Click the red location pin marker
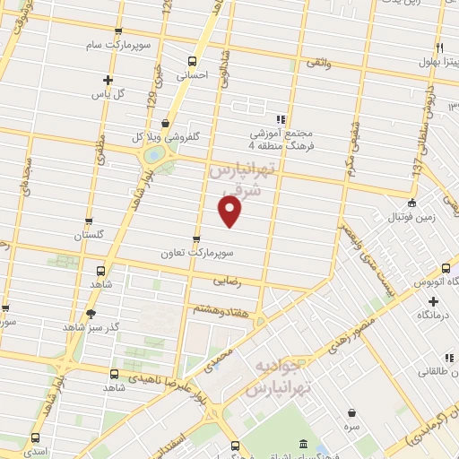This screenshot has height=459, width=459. tap(230, 212)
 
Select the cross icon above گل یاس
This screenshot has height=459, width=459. tap(108, 79)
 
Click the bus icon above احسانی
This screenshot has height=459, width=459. tap(191, 61)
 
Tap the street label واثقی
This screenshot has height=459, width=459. tap(317, 65)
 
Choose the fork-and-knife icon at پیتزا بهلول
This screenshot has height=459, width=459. tap(440, 48)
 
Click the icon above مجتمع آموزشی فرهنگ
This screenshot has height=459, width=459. tap(281, 118)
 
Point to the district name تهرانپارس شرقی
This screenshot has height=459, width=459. tap(239, 178)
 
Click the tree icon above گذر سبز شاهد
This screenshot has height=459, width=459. tap(90, 313)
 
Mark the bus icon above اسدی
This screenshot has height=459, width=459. tap(35, 438)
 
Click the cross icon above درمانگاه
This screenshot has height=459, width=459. tap(433, 301)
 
